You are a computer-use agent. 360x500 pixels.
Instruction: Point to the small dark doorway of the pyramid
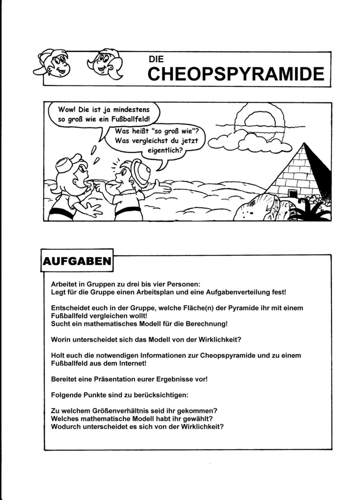click(292, 194)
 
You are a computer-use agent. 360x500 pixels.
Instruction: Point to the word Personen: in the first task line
click(181, 284)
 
